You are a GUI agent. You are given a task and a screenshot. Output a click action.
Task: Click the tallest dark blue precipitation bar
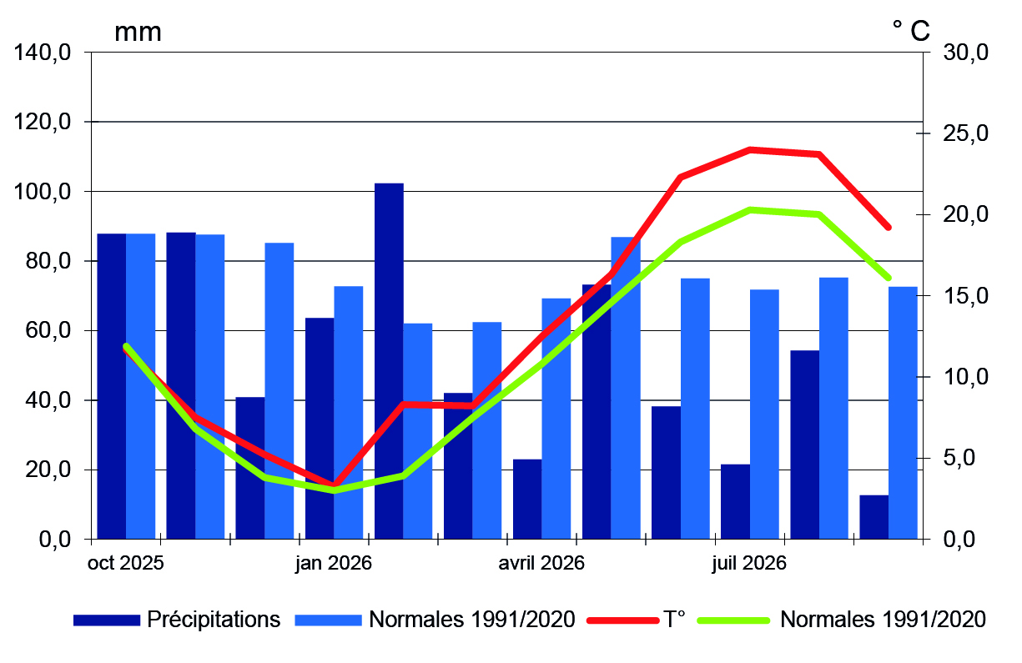tap(389, 360)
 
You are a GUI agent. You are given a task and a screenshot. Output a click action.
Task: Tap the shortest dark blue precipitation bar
tap(873, 516)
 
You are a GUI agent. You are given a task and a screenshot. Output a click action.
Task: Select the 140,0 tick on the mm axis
tap(43, 53)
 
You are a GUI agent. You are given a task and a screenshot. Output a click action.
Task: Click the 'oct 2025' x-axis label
tap(125, 563)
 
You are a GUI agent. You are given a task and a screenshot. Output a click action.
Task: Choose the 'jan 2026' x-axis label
tap(334, 563)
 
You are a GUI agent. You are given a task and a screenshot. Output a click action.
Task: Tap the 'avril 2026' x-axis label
tap(541, 563)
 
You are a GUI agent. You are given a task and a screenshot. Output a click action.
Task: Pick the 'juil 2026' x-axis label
tap(749, 563)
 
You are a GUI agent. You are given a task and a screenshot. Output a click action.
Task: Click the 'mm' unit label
tap(138, 33)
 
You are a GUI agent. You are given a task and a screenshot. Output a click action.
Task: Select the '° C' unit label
tap(911, 31)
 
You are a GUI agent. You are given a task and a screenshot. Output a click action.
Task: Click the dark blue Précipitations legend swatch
tap(107, 620)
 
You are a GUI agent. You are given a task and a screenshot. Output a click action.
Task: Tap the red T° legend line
tap(622, 620)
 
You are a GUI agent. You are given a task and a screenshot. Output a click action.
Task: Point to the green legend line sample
tap(734, 620)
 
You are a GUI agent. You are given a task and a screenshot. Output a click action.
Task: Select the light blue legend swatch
tap(328, 620)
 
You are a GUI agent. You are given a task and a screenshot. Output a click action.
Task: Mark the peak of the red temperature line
tap(750, 149)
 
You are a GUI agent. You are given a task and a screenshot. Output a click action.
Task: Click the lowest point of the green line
tap(334, 490)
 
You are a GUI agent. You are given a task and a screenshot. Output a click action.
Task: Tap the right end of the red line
tap(889, 227)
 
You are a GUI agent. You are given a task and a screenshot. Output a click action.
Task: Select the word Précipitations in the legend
tap(214, 620)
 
